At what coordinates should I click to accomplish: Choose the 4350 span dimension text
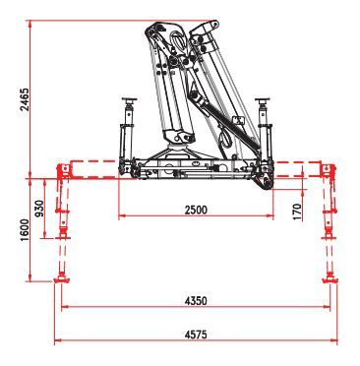(197, 298)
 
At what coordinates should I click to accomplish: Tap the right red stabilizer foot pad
(327, 281)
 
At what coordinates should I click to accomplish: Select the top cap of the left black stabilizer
(125, 101)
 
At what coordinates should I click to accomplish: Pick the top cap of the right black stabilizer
(263, 101)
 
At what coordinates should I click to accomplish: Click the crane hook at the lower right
(262, 183)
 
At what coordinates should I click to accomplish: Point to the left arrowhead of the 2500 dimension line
(122, 217)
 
